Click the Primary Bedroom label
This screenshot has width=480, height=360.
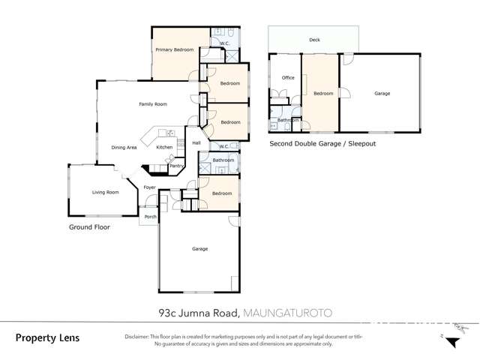click(174, 50)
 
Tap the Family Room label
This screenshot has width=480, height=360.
click(153, 104)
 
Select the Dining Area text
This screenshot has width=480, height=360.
click(124, 148)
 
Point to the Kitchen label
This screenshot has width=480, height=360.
click(164, 148)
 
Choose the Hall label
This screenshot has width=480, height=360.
click(196, 142)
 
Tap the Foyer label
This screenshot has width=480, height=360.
click(149, 187)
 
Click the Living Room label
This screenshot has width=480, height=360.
click(106, 193)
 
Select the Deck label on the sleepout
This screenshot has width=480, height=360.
click(313, 40)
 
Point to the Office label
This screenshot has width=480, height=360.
click(288, 78)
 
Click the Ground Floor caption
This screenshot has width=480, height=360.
click(89, 226)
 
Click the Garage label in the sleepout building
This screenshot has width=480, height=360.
click(382, 94)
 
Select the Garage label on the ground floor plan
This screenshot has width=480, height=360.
click(199, 249)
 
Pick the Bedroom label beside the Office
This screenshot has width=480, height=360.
click(323, 94)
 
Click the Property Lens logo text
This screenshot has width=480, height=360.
click(46, 338)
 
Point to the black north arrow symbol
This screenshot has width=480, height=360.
click(451, 342)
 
